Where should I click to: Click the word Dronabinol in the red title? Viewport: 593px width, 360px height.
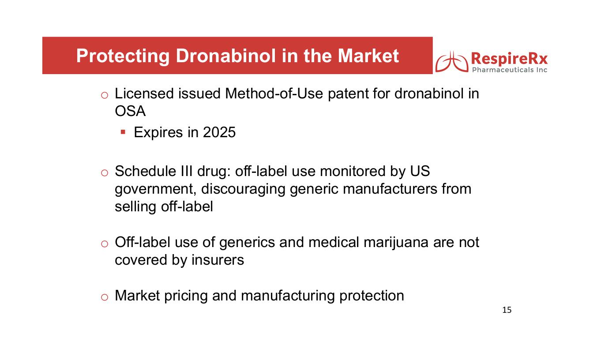[x=225, y=56]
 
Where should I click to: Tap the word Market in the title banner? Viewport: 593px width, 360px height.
[x=368, y=56]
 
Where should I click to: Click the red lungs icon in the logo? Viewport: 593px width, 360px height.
[x=452, y=62]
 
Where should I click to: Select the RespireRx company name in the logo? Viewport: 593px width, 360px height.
[x=509, y=59]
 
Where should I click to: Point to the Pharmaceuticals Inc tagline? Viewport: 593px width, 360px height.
[x=510, y=70]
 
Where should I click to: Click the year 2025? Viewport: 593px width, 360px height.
[x=219, y=132]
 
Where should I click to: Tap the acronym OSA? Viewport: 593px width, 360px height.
[x=130, y=111]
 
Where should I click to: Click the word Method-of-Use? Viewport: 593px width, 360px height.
[x=274, y=94]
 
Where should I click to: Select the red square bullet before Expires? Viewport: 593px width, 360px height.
[x=123, y=132]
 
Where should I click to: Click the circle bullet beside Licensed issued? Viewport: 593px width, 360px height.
[x=105, y=95]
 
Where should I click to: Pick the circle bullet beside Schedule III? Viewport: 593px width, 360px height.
[x=105, y=173]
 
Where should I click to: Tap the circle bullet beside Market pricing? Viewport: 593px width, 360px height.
[x=105, y=297]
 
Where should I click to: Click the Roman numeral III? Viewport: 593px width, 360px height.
[x=187, y=171]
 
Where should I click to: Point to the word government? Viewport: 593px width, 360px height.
[x=156, y=189]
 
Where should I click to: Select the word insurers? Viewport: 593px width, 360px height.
[x=218, y=260]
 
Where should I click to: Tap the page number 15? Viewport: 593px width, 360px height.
[x=507, y=310]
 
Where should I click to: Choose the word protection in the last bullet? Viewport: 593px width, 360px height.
[x=372, y=296]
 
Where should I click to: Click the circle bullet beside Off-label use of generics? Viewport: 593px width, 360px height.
[x=105, y=244]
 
